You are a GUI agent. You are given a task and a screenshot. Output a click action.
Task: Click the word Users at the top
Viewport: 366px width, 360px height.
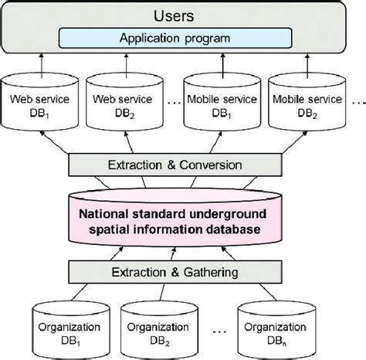point(183,14)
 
